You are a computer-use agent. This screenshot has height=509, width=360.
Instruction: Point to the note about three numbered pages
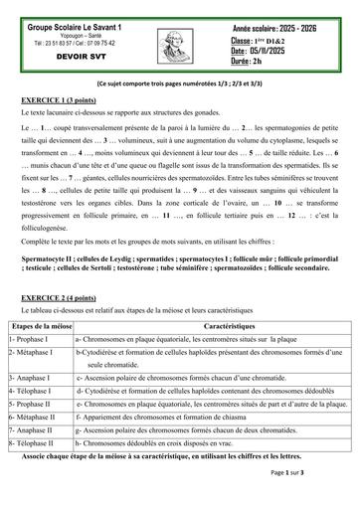point(180,87)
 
